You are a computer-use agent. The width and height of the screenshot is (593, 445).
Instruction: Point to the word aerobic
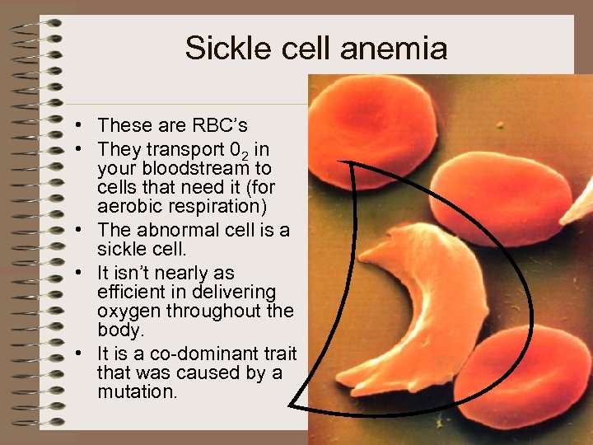(x=133, y=205)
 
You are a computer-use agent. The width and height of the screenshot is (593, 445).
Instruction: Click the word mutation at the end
(x=136, y=392)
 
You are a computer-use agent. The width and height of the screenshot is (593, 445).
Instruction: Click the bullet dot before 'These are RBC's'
(x=76, y=126)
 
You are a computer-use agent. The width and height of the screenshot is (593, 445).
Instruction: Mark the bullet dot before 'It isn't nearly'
(x=76, y=273)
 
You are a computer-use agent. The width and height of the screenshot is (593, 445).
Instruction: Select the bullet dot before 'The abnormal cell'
(x=76, y=230)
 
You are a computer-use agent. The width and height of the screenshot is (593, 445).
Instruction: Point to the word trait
(x=279, y=354)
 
